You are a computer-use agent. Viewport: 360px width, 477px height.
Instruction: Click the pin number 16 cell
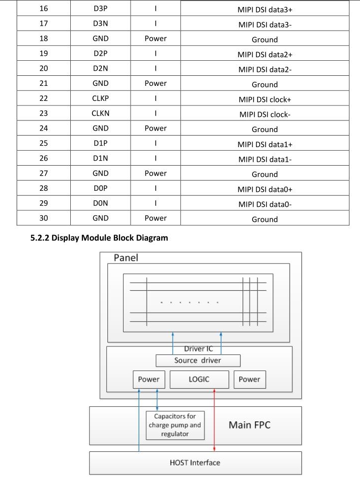[44, 9]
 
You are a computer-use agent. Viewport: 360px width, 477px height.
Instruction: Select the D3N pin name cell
[100, 23]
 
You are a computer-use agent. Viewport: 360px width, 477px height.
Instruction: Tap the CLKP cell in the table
[100, 98]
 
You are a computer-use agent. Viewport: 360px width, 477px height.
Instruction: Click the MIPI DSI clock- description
[265, 114]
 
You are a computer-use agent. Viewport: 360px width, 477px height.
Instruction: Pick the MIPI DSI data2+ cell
[265, 54]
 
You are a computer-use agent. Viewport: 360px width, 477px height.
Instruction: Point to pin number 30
[44, 218]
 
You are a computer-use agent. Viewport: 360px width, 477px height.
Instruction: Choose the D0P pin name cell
[100, 188]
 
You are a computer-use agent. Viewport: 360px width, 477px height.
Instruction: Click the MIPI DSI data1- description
[265, 159]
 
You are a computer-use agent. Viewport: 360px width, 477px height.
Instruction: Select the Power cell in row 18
[156, 39]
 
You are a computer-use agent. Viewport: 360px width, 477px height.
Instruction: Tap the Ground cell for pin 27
[265, 174]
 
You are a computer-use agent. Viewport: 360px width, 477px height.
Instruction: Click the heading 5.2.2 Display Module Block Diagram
[99, 238]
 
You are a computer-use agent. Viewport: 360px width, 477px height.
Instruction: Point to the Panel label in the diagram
[126, 258]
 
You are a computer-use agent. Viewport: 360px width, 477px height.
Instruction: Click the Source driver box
[197, 361]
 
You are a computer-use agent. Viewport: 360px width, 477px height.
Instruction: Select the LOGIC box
[199, 380]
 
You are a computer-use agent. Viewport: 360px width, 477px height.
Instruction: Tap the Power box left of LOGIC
[149, 380]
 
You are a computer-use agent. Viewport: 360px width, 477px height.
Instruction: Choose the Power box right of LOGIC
[250, 380]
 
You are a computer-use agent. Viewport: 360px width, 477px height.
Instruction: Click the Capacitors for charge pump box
[175, 425]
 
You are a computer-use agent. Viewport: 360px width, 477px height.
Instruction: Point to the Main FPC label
[250, 425]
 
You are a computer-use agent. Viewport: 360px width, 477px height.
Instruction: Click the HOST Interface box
[195, 462]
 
